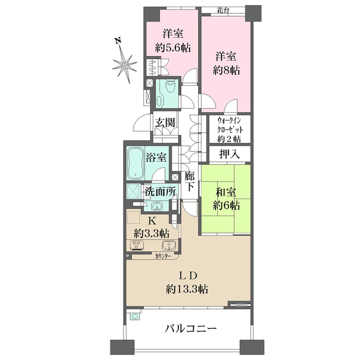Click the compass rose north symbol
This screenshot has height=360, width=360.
pos(124,64)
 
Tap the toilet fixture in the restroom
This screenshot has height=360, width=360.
pos(170,86)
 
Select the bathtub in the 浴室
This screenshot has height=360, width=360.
pos(135,163)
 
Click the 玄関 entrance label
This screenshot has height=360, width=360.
pos(165,122)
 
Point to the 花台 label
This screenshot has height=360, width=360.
pos(223,10)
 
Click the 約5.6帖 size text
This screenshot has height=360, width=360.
pos(173,48)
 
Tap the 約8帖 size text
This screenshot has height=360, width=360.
pos(226,70)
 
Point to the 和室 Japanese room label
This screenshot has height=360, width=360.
pos(226,193)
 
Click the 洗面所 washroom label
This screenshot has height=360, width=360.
pos(160,191)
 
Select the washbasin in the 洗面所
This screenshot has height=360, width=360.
pos(157,206)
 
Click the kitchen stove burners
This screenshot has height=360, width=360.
pos(137,245)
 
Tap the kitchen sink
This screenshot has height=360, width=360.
pos(169,245)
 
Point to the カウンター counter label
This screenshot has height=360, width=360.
pos(163,256)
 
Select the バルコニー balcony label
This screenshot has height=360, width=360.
pos(191,329)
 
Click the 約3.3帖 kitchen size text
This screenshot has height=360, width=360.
pos(152,233)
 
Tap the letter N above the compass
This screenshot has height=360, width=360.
pos(118,41)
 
